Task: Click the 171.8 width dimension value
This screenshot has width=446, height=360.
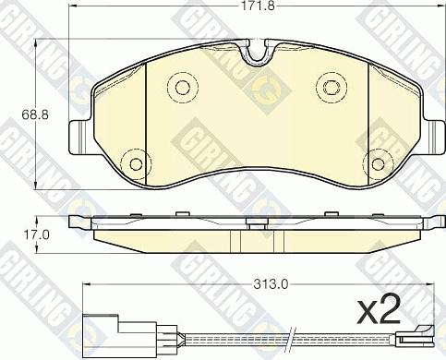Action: [258, 6]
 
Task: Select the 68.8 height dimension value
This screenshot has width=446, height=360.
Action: [35, 114]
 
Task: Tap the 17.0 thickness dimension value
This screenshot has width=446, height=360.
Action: [35, 235]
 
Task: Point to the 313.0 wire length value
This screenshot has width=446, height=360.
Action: [271, 285]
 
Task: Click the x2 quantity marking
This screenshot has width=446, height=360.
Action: [379, 310]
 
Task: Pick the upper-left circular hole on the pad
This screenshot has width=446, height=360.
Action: [183, 88]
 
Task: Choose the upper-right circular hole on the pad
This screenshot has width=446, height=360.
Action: [331, 88]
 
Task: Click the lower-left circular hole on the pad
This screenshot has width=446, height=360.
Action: [136, 163]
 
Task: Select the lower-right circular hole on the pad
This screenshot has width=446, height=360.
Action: [378, 163]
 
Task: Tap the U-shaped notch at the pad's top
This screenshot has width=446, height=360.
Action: [257, 53]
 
